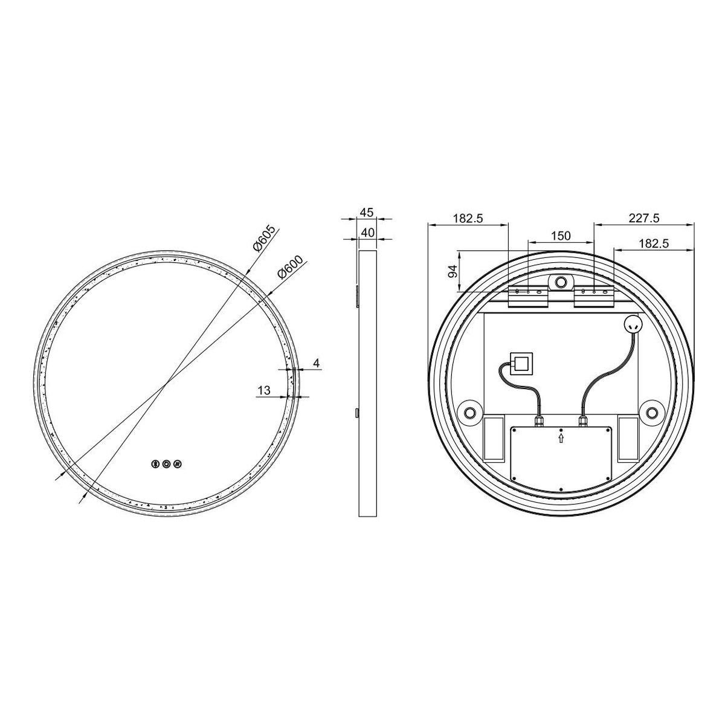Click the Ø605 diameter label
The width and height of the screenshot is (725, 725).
click(265, 239)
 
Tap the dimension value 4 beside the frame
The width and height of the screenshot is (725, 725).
click(317, 363)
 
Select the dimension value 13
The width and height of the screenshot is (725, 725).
click(264, 390)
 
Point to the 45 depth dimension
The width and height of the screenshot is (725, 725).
click(367, 213)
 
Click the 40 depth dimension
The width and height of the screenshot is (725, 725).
click(367, 233)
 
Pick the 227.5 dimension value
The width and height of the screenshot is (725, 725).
click(643, 218)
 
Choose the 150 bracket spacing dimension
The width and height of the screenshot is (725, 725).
click(561, 236)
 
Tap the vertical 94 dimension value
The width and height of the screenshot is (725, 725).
click(453, 271)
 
